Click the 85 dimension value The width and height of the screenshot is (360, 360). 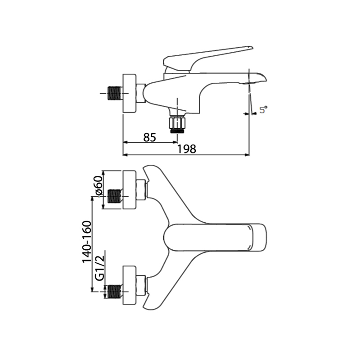pyautogui.click(x=150, y=137)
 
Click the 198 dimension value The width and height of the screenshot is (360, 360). pyautogui.click(x=187, y=149)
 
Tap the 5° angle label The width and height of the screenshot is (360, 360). pyautogui.click(x=264, y=109)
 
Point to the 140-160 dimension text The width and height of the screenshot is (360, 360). pyautogui.click(x=87, y=242)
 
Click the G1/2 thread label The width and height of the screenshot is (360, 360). pyautogui.click(x=99, y=268)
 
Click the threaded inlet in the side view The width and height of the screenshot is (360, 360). pyautogui.click(x=114, y=93)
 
